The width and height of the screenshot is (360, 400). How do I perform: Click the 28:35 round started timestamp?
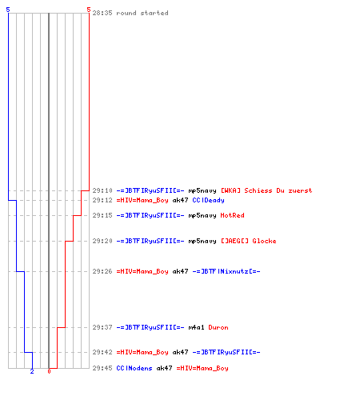102,13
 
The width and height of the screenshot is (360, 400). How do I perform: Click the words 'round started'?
142,13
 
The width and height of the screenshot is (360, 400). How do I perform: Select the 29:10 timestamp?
102,190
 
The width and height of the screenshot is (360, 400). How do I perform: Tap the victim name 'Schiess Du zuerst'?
278,190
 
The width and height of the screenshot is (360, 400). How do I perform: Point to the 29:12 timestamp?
102,200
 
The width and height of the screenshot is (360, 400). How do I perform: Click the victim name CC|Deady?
208,200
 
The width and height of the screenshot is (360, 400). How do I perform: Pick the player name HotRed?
232,215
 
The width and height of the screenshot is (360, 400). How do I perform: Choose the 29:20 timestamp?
102,241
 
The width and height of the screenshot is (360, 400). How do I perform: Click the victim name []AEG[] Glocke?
248,241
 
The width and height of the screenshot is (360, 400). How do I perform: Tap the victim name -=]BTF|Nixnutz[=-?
226,271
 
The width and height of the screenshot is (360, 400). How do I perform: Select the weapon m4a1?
196,327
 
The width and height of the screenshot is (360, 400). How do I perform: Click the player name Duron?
218,327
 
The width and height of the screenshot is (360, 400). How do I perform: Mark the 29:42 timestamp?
102,352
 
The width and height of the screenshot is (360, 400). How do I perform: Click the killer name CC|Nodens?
134,368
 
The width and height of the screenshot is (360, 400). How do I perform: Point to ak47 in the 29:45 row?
164,368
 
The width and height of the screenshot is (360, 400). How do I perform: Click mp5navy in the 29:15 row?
202,215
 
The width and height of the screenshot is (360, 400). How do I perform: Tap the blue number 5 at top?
8,10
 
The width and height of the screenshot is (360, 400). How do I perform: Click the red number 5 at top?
89,10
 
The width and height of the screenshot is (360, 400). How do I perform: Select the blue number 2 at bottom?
32,371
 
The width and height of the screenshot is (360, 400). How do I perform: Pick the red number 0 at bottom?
49,371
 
